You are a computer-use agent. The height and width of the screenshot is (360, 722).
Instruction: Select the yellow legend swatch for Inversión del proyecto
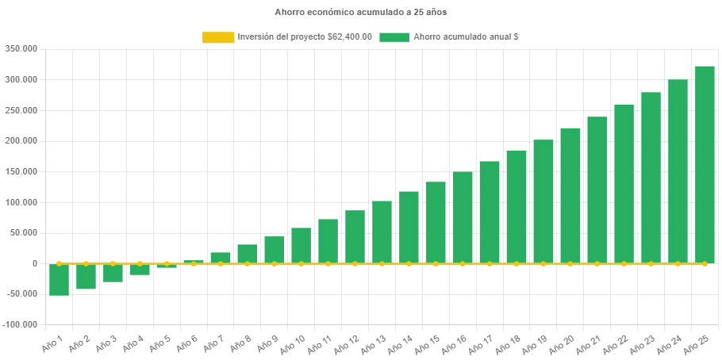[218, 37]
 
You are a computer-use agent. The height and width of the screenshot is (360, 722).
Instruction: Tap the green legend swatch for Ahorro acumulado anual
[394, 37]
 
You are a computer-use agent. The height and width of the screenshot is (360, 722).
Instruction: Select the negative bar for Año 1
[59, 280]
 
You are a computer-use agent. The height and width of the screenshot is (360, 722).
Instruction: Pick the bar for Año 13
[382, 232]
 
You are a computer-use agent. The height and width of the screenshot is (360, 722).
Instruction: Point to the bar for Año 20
[570, 195]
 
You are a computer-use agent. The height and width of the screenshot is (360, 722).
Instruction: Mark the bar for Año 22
[624, 183]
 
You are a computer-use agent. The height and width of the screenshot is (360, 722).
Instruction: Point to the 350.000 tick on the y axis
[21, 48]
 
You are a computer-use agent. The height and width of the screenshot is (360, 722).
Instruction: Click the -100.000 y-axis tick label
[20, 324]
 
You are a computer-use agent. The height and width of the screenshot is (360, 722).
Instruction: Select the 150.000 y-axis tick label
[21, 171]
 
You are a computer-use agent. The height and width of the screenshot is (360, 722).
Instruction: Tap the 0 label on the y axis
[35, 263]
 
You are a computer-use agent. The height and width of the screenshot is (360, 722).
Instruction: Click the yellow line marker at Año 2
[86, 263]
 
